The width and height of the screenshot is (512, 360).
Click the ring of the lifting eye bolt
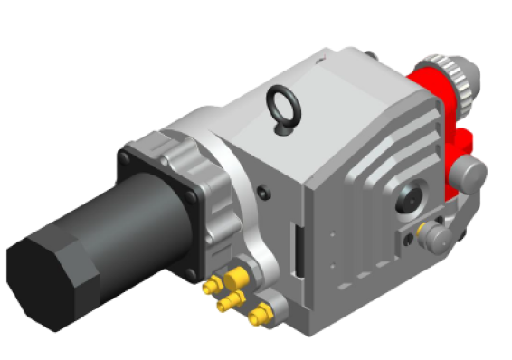(282, 100)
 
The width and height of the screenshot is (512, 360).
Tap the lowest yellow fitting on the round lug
(259, 316)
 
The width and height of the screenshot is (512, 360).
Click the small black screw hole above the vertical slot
(262, 192)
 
